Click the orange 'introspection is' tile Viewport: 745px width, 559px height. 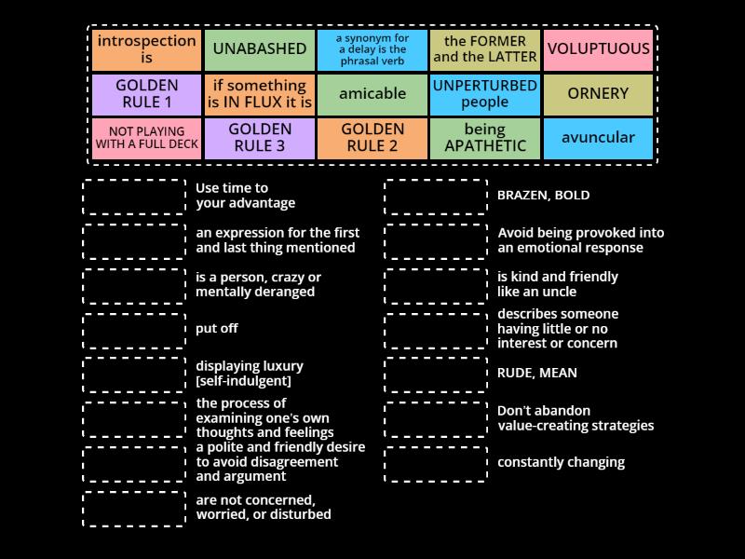(146, 49)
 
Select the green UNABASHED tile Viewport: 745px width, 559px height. (260, 49)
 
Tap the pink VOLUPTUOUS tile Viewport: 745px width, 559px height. (598, 49)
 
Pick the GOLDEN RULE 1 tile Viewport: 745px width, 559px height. (146, 93)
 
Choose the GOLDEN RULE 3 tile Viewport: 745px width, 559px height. (260, 137)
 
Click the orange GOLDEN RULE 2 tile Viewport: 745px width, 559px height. (372, 137)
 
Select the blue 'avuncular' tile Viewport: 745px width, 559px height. (598, 137)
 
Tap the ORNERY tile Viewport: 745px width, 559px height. (598, 93)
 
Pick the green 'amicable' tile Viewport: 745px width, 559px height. (372, 93)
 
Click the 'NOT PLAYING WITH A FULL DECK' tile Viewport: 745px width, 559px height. (146, 137)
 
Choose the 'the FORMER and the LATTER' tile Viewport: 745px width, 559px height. (485, 49)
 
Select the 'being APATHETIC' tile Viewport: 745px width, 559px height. (485, 137)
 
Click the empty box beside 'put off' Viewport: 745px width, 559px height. (134, 330)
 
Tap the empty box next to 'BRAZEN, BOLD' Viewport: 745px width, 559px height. (436, 197)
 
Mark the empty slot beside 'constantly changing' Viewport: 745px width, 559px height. (436, 463)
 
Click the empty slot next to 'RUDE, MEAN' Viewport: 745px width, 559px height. (436, 374)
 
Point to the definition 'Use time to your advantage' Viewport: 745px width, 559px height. (245, 196)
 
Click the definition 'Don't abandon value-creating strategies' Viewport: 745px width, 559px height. (575, 417)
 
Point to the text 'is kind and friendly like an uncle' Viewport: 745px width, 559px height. (557, 284)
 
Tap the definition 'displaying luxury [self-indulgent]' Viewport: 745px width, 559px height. (249, 374)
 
